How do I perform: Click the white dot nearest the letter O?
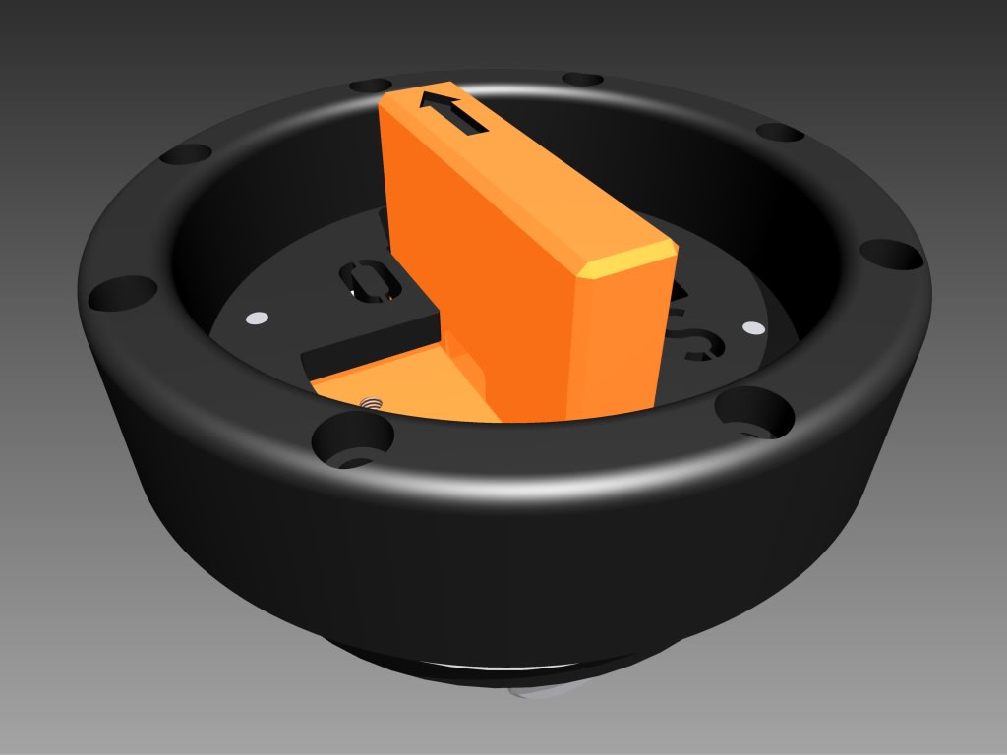click(x=257, y=318)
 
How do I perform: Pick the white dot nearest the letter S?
click(x=752, y=327)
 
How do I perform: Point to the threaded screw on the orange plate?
click(x=372, y=402)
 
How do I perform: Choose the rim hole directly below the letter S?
click(x=753, y=410)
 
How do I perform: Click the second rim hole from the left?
click(x=185, y=154)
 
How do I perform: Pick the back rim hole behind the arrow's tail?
click(x=582, y=79)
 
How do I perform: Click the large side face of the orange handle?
click(x=482, y=256)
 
